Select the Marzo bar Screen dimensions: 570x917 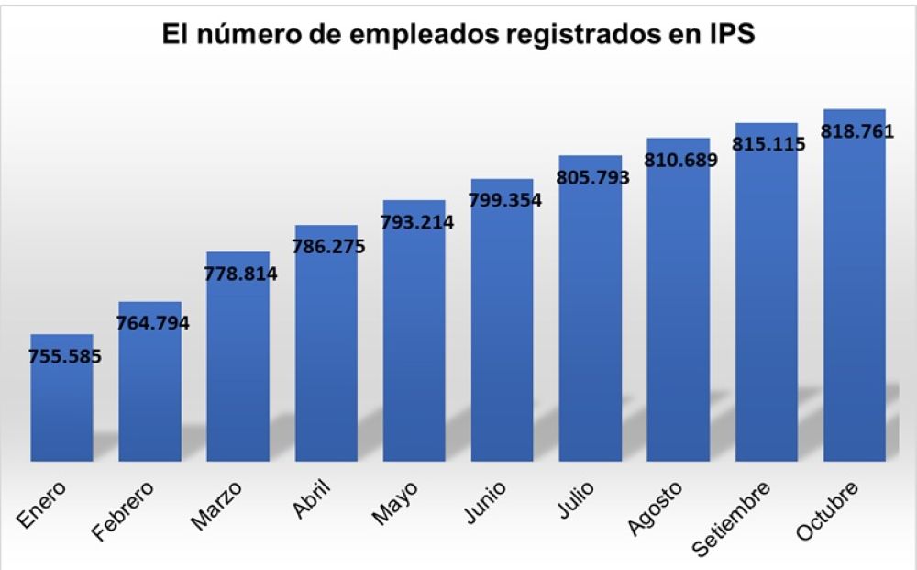[x=238, y=367]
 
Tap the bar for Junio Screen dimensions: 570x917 [x=502, y=330]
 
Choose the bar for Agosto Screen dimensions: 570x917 [x=678, y=312]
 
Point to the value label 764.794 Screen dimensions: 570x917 [x=150, y=322]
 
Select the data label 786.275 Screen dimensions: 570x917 [x=327, y=246]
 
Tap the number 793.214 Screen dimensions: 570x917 [x=415, y=221]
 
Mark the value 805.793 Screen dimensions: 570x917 [x=591, y=177]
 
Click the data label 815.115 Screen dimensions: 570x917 [x=768, y=143]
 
